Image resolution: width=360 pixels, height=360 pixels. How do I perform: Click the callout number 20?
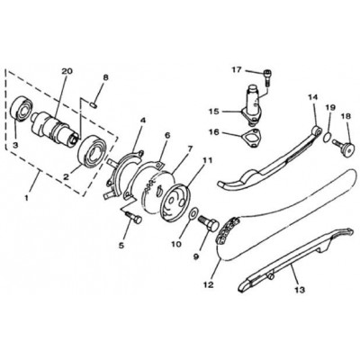pyautogui.click(x=67, y=71)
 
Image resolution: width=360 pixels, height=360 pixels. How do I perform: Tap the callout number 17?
pyautogui.click(x=236, y=70)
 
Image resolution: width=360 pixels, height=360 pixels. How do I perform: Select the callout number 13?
pyautogui.click(x=300, y=290)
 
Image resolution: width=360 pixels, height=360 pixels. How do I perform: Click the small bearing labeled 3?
pyautogui.click(x=22, y=109)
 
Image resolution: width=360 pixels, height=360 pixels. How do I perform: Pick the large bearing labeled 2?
pyautogui.click(x=93, y=150)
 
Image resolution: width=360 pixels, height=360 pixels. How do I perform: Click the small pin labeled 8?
pyautogui.click(x=94, y=104)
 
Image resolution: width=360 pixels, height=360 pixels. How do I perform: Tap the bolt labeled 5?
pyautogui.click(x=134, y=217)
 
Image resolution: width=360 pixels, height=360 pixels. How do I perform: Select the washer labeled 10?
pyautogui.click(x=193, y=213)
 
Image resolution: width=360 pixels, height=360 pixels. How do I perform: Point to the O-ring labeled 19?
pyautogui.click(x=327, y=138)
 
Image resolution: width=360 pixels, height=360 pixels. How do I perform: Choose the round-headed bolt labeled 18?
pyautogui.click(x=344, y=147)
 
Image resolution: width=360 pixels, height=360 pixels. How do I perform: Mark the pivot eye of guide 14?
pyautogui.click(x=317, y=130)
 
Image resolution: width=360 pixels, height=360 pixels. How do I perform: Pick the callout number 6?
pyautogui.click(x=167, y=136)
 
